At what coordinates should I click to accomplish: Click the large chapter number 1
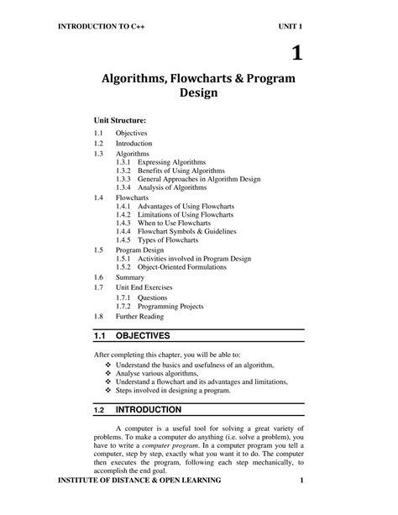tap(296, 55)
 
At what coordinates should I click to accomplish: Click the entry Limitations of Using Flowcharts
tap(189, 215)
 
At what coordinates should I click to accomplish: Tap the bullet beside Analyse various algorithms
tap(107, 373)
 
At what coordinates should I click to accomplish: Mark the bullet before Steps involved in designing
tap(107, 392)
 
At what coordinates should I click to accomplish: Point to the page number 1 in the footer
tap(300, 504)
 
